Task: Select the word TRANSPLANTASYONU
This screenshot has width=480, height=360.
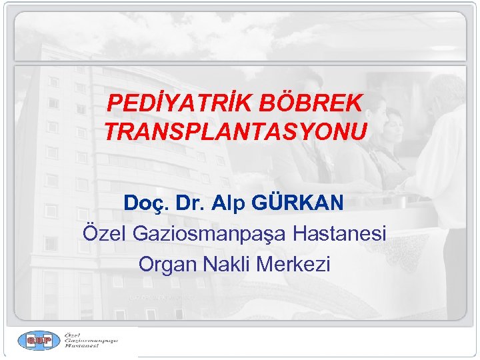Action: pyautogui.click(x=235, y=132)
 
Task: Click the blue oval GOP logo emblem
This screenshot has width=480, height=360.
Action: pyautogui.click(x=39, y=341)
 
